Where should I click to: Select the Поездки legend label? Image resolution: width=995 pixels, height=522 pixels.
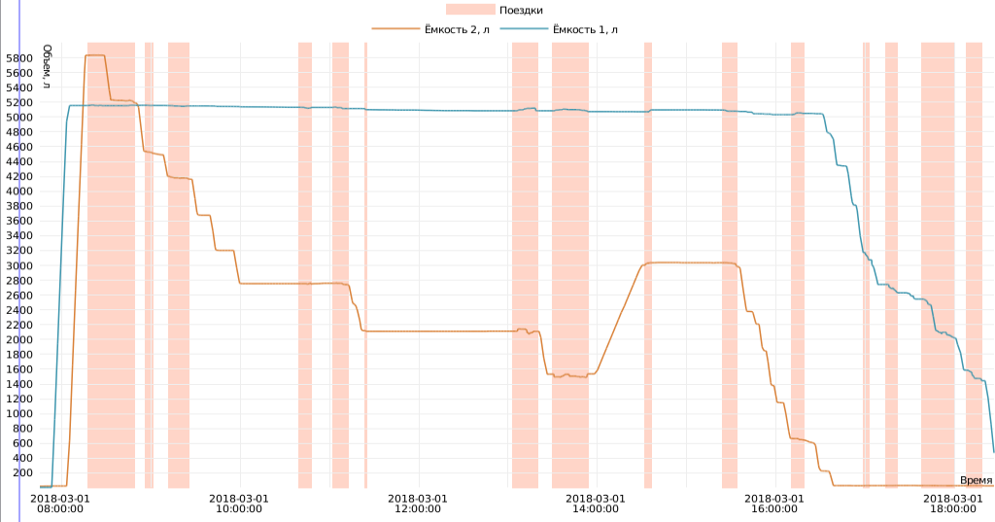click(521, 10)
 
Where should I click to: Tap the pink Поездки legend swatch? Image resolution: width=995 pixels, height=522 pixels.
click(469, 10)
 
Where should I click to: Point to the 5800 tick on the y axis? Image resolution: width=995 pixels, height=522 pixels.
click(20, 58)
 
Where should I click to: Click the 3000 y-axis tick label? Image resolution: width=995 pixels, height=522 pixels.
click(20, 265)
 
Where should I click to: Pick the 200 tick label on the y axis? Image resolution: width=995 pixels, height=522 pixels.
click(23, 472)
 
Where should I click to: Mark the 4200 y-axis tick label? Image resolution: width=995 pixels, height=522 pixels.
click(20, 177)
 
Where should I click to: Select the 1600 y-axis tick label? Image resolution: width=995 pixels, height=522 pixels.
click(20, 369)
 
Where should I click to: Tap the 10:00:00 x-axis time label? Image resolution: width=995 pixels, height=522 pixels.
click(239, 503)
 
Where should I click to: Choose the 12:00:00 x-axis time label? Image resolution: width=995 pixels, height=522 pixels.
click(417, 503)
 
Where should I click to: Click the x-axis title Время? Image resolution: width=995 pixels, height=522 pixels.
click(976, 480)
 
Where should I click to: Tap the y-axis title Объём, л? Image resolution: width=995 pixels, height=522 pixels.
click(48, 66)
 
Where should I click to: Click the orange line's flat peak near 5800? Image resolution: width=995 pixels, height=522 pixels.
click(95, 55)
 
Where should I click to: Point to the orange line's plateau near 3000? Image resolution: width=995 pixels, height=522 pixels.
click(690, 262)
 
